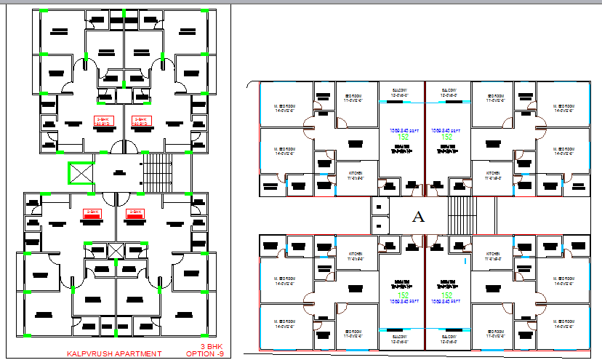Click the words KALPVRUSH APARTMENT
click(113, 353)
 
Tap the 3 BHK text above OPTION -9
click(210, 346)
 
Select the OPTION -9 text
click(205, 353)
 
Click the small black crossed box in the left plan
click(114, 252)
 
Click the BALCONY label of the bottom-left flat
click(401, 338)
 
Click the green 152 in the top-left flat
click(402, 137)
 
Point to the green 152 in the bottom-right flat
click(448, 294)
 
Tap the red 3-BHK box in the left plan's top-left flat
click(103, 120)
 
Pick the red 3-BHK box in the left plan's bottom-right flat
click(134, 214)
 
